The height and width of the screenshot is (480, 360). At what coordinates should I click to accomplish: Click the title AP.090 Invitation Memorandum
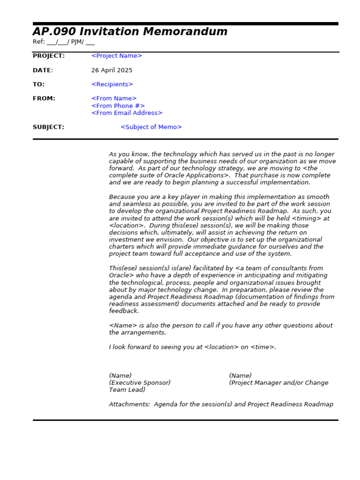point(130,32)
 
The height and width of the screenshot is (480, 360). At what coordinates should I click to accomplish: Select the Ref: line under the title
point(63,42)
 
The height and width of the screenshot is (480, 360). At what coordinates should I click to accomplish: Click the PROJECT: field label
point(49,56)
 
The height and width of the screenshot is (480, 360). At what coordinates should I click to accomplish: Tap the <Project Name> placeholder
point(116,56)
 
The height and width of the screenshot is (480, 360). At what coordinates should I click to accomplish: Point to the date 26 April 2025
point(112,70)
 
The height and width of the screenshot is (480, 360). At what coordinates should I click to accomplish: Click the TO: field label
point(38,84)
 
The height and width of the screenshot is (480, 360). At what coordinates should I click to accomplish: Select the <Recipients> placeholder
point(112,84)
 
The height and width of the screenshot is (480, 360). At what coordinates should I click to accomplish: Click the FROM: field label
point(44,98)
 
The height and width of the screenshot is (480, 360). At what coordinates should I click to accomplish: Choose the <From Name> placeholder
point(114,98)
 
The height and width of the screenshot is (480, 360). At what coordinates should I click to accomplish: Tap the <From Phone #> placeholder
point(118,106)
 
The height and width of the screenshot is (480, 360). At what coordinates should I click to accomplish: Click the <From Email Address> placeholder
point(127,113)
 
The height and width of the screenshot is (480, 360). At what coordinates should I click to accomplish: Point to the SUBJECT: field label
point(48,127)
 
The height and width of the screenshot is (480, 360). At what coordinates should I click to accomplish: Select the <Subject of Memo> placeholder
point(151,127)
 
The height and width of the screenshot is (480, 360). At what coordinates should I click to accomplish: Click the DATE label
point(42,70)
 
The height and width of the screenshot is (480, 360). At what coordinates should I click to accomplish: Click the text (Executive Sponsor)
point(140,383)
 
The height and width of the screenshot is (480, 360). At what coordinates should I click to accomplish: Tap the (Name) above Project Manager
point(240,375)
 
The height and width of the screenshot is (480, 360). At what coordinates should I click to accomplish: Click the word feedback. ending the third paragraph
point(124,311)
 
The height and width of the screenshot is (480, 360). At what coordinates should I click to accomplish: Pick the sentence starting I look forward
point(192,347)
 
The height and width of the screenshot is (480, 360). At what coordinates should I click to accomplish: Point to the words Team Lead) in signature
point(127,390)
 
